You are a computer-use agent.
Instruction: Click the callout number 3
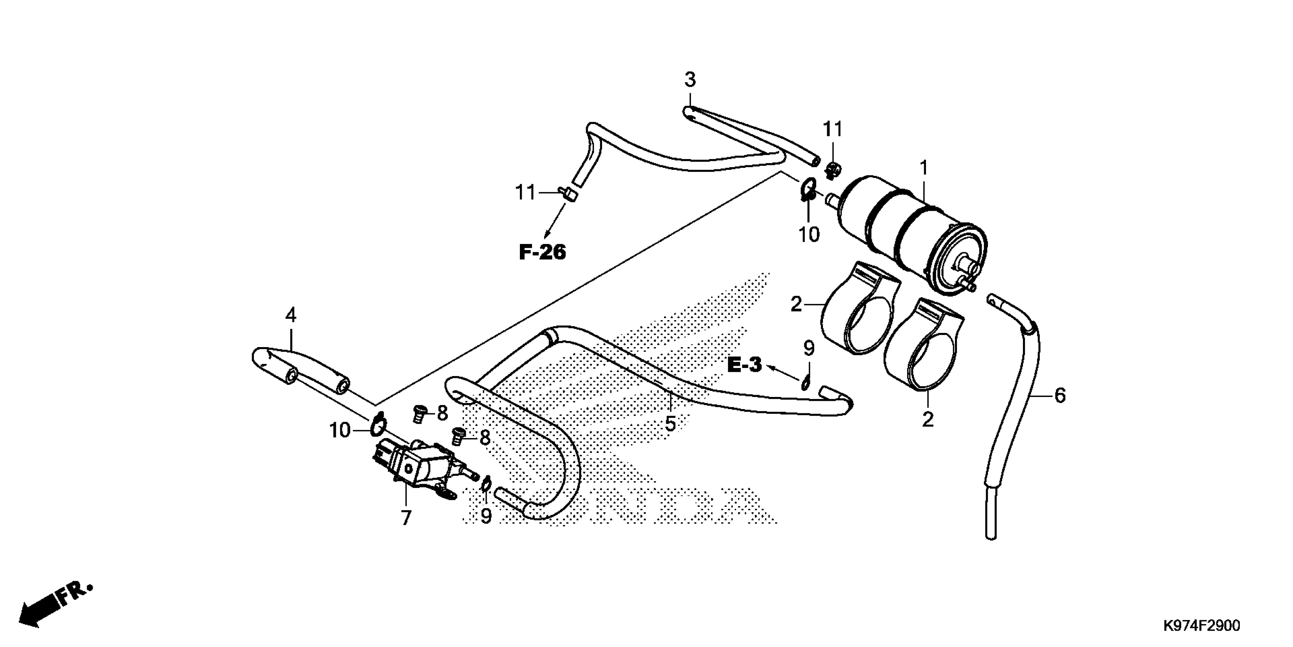point(690,80)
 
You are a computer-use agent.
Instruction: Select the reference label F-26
point(542,252)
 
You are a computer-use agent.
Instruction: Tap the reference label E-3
point(744,365)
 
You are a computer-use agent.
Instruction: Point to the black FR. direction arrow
point(38,609)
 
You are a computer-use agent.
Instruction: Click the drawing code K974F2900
point(1201,625)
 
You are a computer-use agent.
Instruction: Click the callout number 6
point(1059,395)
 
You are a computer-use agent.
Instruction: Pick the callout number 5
point(670,424)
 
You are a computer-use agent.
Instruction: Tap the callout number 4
point(291,315)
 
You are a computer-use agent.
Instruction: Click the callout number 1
point(924,168)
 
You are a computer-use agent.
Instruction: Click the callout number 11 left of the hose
point(526,193)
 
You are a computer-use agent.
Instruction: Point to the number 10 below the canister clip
point(809,234)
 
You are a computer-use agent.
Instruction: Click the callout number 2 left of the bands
point(796,304)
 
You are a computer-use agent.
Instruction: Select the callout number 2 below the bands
point(928,419)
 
